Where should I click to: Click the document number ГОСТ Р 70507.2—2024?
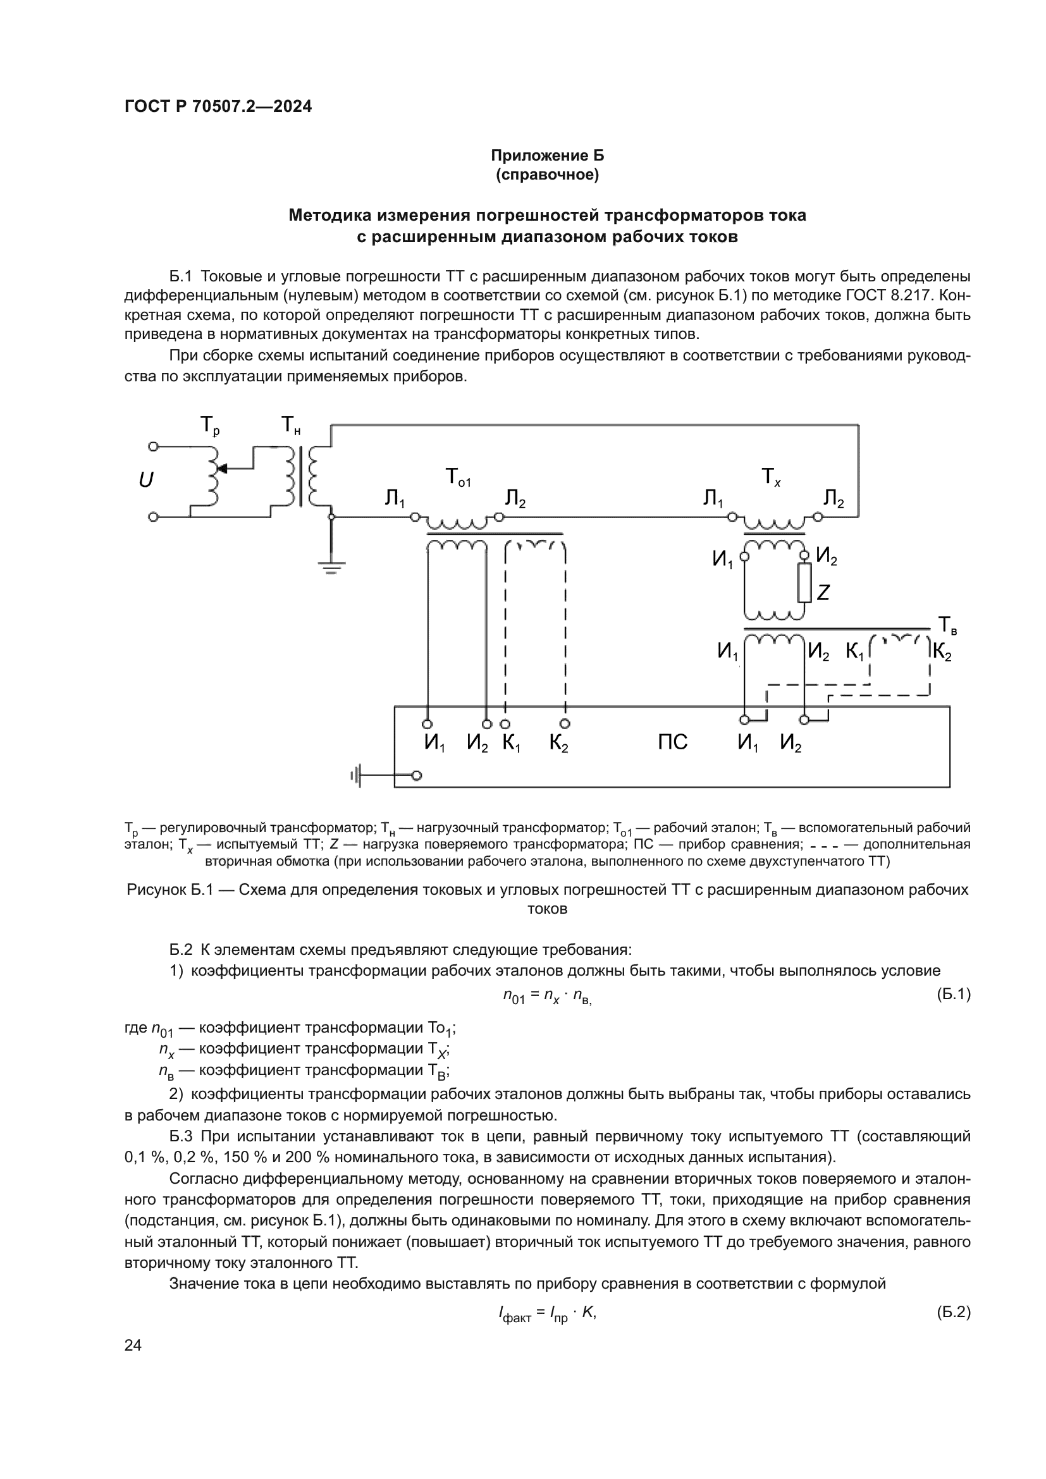pyautogui.click(x=218, y=107)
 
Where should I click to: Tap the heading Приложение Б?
pyautogui.click(x=547, y=156)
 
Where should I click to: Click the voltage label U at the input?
pyautogui.click(x=146, y=481)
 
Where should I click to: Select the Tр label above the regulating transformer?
pyautogui.click(x=209, y=426)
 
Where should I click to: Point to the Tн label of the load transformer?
pyautogui.click(x=290, y=426)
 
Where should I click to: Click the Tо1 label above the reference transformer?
pyautogui.click(x=457, y=478)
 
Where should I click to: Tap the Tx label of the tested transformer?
pyautogui.click(x=771, y=477)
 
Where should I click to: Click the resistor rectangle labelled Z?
pyautogui.click(x=804, y=583)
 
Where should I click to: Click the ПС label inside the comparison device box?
pyautogui.click(x=672, y=743)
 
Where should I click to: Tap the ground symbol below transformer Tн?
pyautogui.click(x=331, y=567)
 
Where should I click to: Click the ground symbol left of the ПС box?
pyautogui.click(x=356, y=776)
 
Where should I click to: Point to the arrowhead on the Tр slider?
pyautogui.click(x=222, y=469)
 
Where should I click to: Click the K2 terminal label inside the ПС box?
pyautogui.click(x=558, y=744)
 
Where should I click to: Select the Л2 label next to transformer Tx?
pyautogui.click(x=833, y=498)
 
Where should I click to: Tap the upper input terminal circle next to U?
pyautogui.click(x=153, y=446)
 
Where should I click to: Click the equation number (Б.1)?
pyautogui.click(x=952, y=995)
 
